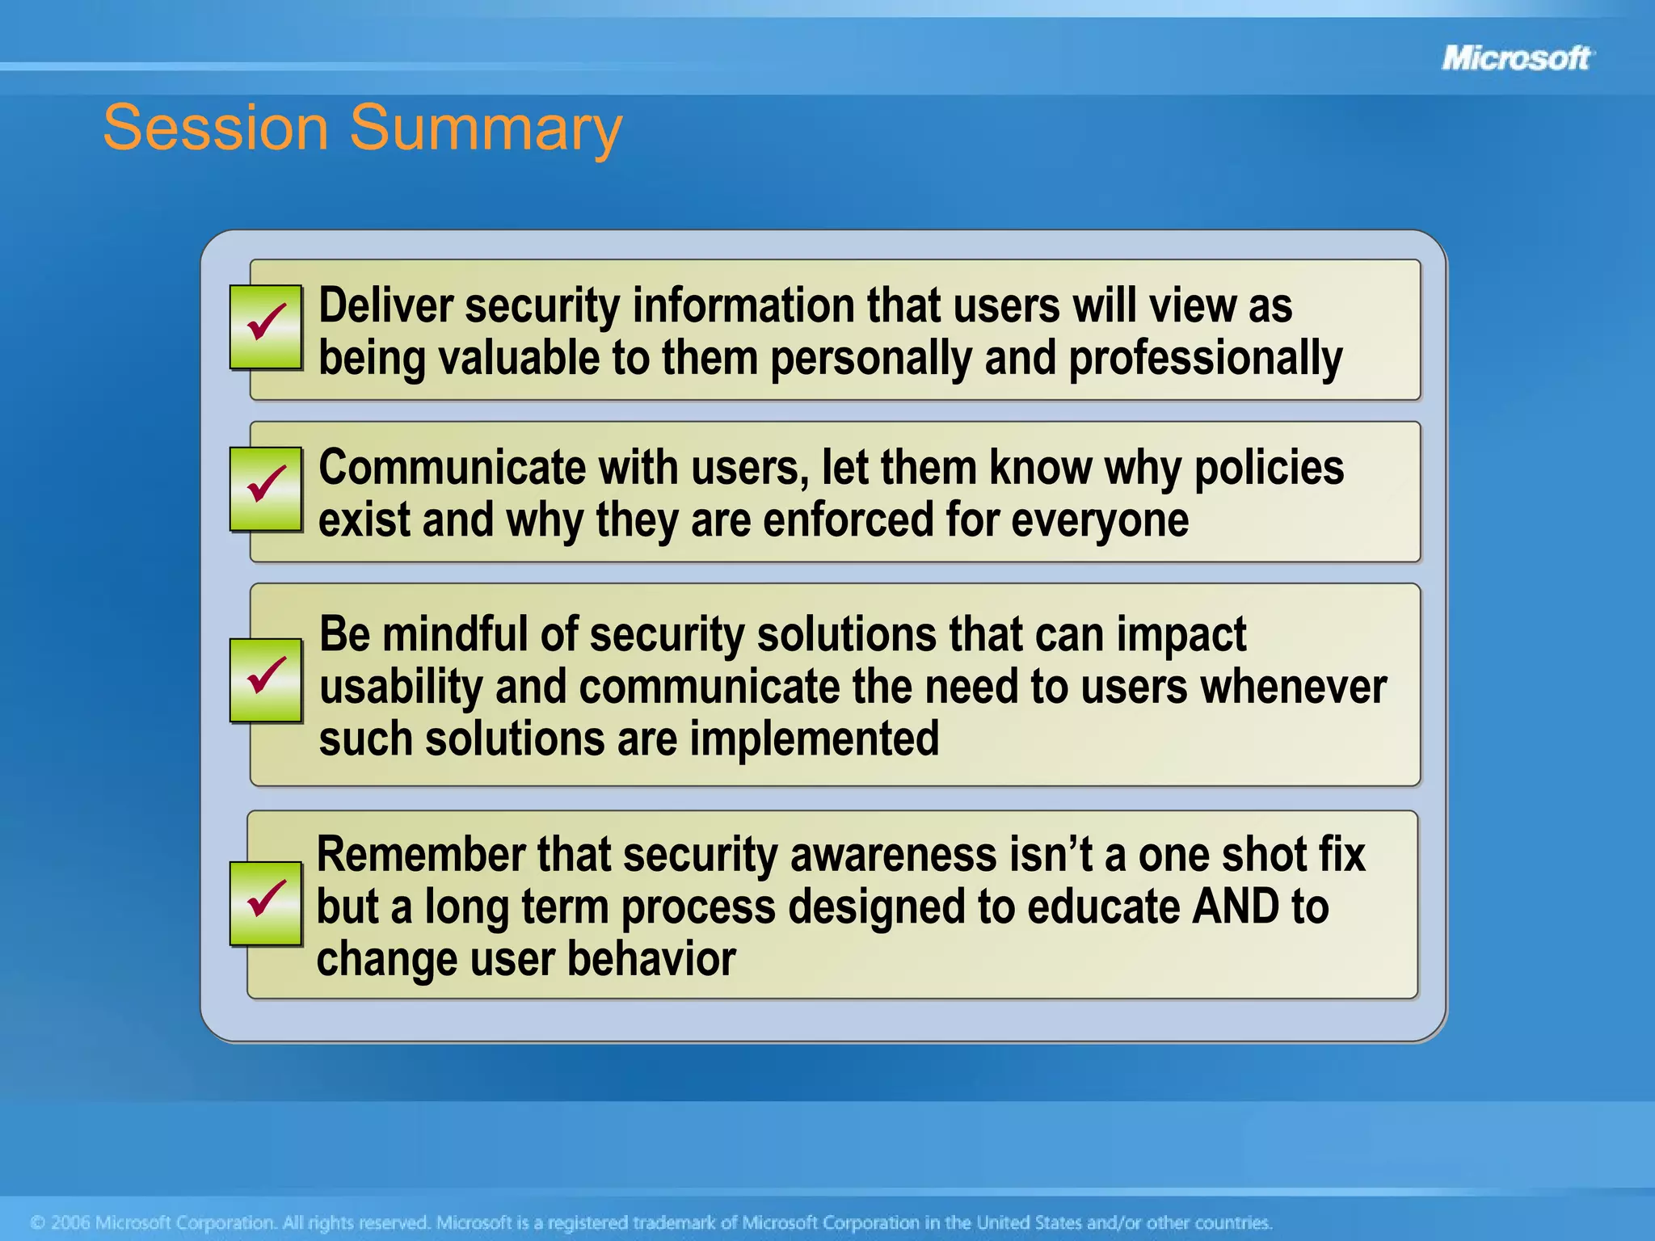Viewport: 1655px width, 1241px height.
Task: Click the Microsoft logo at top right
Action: tap(1516, 58)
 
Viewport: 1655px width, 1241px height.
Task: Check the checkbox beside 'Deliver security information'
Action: tap(266, 326)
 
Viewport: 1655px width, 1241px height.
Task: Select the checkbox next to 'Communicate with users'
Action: tap(266, 488)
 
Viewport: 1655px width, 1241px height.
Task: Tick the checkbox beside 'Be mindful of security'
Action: tap(266, 679)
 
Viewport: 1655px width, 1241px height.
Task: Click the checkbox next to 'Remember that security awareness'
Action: tap(266, 902)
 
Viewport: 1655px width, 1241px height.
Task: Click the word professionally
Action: tap(1205, 359)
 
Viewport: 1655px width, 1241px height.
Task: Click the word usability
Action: tap(401, 688)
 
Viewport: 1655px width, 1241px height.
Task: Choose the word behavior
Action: tap(651, 959)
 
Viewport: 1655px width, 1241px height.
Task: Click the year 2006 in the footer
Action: tap(69, 1222)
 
